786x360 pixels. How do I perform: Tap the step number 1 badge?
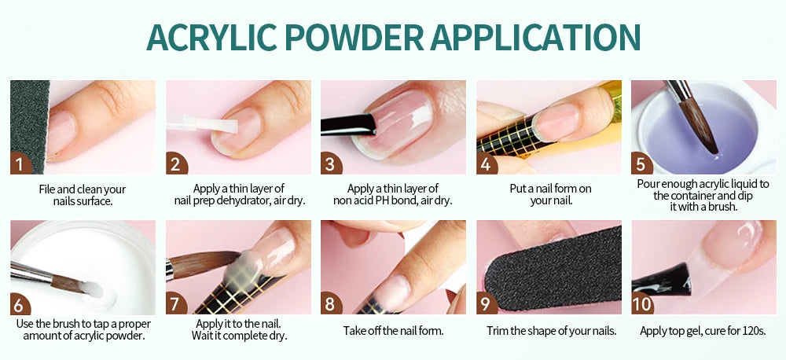(x=20, y=164)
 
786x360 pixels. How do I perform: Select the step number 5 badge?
(x=641, y=164)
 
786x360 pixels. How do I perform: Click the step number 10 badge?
(x=642, y=303)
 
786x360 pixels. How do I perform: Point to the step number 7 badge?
(x=176, y=304)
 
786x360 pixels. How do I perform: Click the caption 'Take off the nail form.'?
(x=393, y=330)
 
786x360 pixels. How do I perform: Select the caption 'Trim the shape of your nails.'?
(x=551, y=330)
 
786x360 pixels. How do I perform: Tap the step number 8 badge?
(x=331, y=304)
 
